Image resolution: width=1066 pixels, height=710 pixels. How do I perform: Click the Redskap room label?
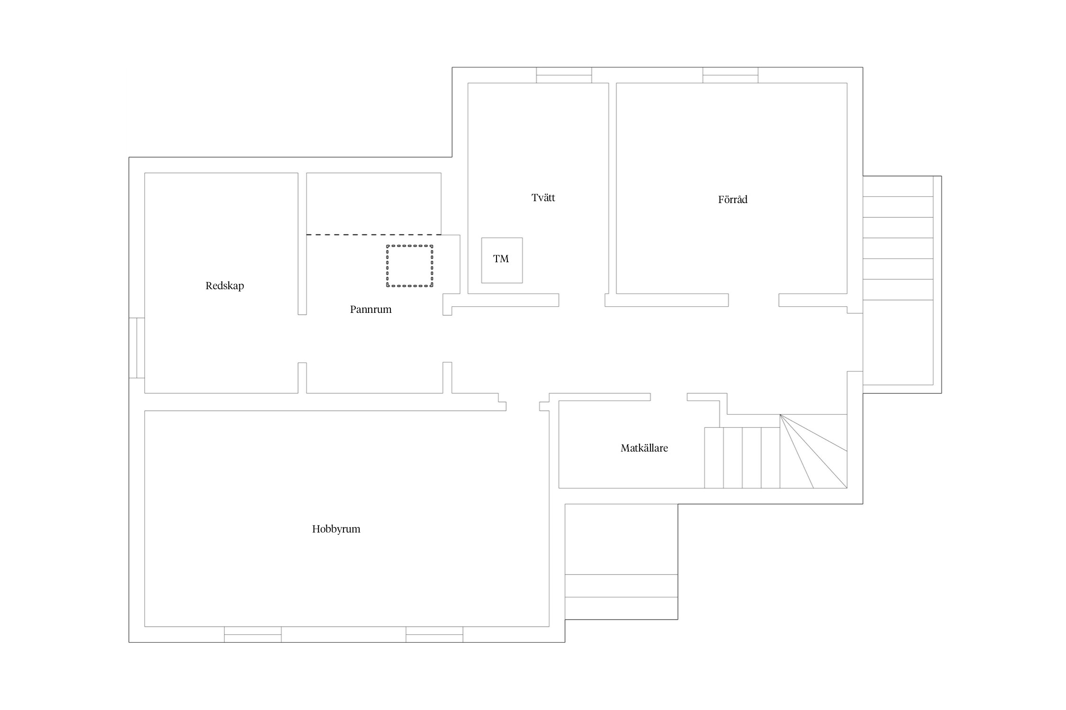(225, 286)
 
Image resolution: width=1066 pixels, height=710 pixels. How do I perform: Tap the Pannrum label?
(370, 310)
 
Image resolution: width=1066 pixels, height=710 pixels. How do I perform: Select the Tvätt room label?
(543, 198)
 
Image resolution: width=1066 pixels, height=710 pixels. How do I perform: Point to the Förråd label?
(732, 199)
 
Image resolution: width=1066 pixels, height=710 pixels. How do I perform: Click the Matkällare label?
(644, 448)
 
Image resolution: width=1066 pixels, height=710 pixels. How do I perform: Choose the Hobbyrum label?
(336, 529)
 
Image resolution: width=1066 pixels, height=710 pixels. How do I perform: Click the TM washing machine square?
(502, 260)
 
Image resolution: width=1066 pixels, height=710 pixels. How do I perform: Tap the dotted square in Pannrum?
(409, 246)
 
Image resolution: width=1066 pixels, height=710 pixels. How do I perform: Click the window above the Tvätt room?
(564, 75)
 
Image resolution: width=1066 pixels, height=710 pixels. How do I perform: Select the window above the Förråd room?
(730, 75)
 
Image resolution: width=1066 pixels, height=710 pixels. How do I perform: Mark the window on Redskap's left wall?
(136, 348)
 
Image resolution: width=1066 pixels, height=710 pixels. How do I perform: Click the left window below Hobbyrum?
(253, 634)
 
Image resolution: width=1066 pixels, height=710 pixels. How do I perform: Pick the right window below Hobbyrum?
(434, 634)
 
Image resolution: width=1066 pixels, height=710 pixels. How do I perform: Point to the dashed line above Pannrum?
(374, 235)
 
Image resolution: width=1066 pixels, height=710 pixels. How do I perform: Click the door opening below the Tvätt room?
(582, 300)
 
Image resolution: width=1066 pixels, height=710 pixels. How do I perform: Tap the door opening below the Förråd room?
(753, 300)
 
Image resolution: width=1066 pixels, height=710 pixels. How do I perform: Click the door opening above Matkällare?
(669, 397)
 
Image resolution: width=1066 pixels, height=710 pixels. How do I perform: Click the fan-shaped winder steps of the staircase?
(813, 451)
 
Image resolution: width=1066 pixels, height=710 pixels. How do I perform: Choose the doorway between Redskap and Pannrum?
(302, 338)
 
